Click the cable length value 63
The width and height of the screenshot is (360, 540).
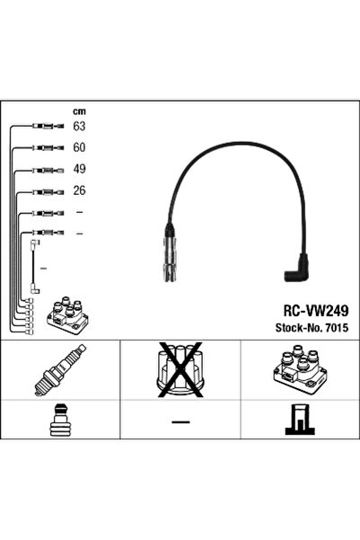pyautogui.click(x=79, y=126)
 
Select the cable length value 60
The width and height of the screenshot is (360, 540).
pyautogui.click(x=79, y=147)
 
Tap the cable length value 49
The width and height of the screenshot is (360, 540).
pyautogui.click(x=79, y=169)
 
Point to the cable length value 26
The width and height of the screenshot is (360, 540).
pyautogui.click(x=79, y=190)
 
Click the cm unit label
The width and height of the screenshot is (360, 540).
pyautogui.click(x=79, y=111)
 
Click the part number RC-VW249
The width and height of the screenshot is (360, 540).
pyautogui.click(x=316, y=311)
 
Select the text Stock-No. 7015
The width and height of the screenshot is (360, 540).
pyautogui.click(x=312, y=327)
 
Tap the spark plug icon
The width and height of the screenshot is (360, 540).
pyautogui.click(x=60, y=370)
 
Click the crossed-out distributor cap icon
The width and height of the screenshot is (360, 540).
pyautogui.click(x=180, y=369)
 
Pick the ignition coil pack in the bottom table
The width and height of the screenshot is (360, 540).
pyautogui.click(x=299, y=370)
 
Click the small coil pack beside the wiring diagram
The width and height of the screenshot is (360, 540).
pyautogui.click(x=67, y=314)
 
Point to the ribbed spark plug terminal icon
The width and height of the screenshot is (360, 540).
pyautogui.click(x=60, y=420)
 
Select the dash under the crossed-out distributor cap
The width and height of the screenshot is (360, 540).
pyautogui.click(x=180, y=421)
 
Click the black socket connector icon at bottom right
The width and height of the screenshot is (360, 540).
pyautogui.click(x=300, y=420)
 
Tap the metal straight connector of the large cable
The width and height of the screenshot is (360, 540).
pyautogui.click(x=170, y=257)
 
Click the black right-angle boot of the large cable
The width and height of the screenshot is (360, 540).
pyautogui.click(x=296, y=269)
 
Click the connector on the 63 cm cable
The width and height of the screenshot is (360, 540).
pyautogui.click(x=48, y=126)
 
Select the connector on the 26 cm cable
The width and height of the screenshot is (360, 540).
pyautogui.click(x=48, y=191)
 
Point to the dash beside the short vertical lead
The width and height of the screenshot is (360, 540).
pyautogui.click(x=43, y=268)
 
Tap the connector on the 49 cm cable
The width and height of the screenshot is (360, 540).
pyautogui.click(x=48, y=170)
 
